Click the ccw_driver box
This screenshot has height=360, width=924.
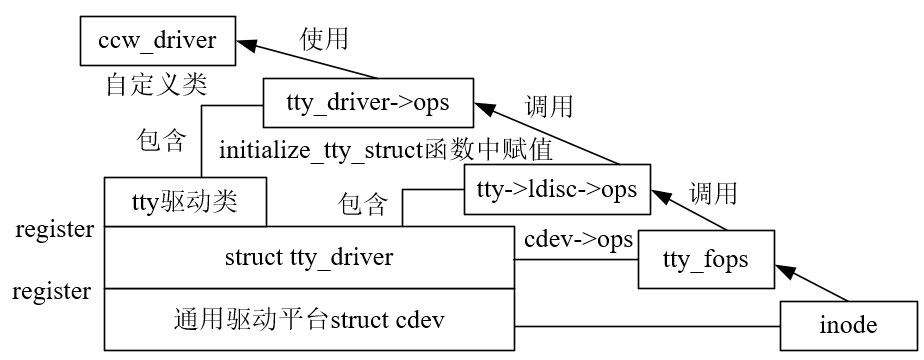pos(159,41)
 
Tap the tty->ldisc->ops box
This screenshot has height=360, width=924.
pos(557,189)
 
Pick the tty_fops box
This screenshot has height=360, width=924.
pos(706,260)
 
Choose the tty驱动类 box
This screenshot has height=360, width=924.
pos(185,202)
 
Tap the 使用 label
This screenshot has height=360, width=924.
pos(325,39)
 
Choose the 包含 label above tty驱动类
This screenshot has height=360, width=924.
pos(160,141)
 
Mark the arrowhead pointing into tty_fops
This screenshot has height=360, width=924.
pos(785,268)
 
